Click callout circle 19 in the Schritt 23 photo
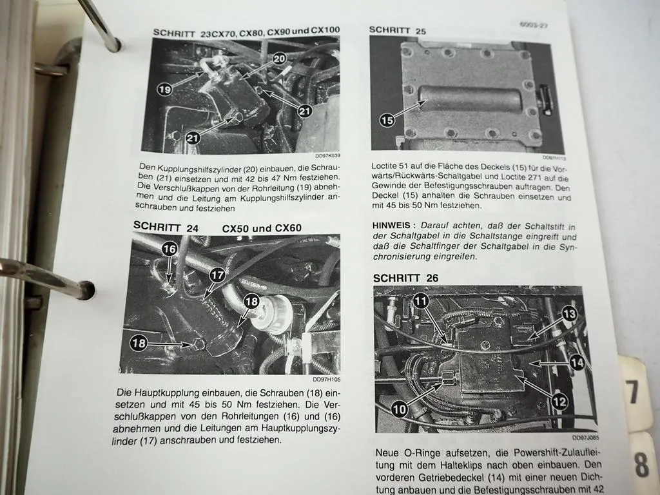pos(165,90)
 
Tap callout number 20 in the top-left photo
pos(278,59)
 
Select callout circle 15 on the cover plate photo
pos(387,120)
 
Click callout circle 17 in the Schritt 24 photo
pos(218,275)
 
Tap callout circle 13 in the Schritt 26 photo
pos(568,314)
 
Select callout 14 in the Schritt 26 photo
pos(577,362)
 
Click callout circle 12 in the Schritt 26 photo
pos(559,402)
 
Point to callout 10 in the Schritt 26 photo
pos(400,409)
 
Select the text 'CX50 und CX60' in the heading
pos(262,228)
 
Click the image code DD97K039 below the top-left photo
pos(327,155)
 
